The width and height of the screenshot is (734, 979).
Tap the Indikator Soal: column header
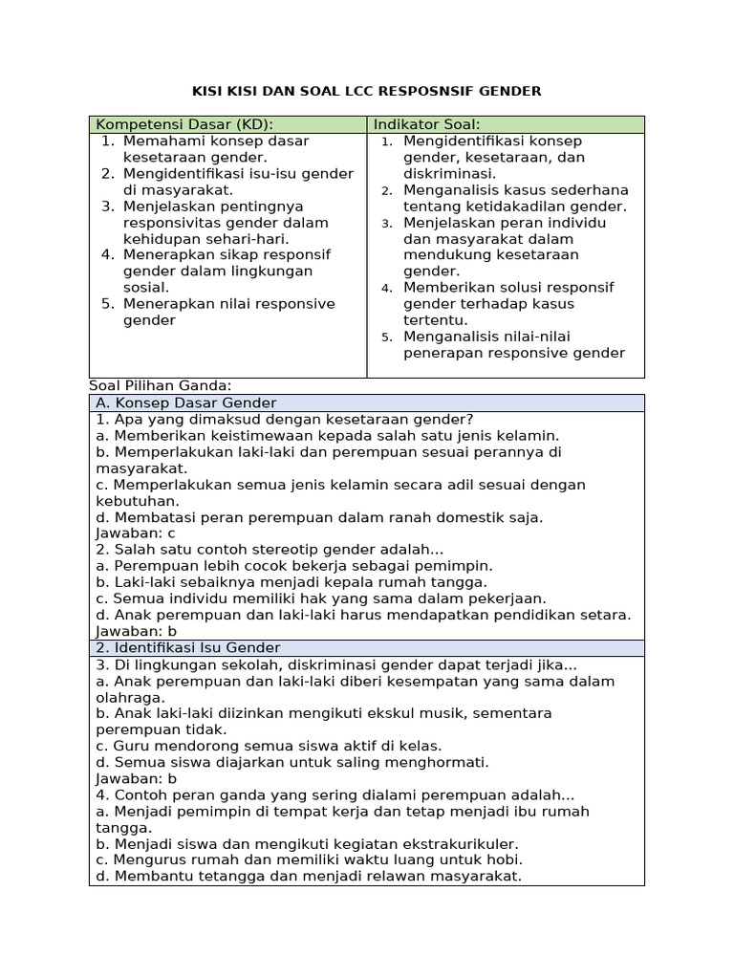(426, 124)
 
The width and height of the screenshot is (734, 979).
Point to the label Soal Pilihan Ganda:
(161, 385)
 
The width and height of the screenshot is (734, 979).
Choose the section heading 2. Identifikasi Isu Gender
(187, 648)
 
